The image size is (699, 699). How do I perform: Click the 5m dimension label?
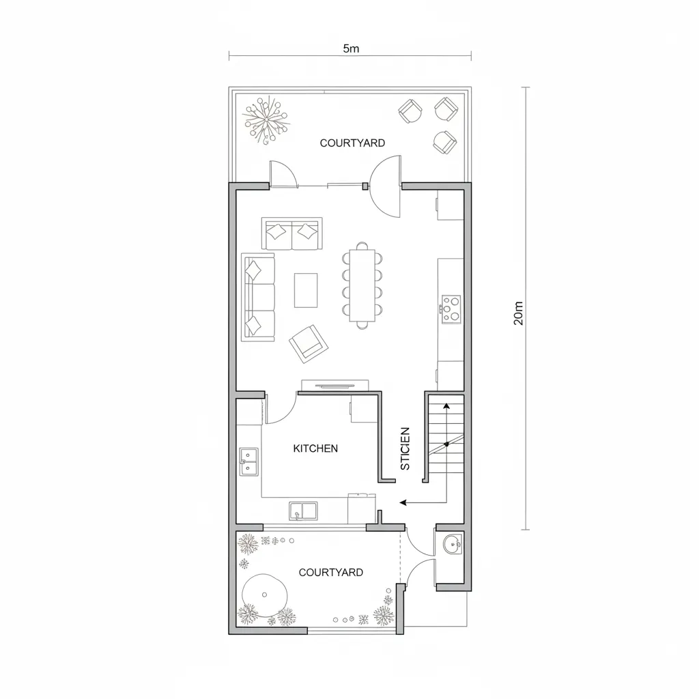351,49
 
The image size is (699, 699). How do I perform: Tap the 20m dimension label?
518,312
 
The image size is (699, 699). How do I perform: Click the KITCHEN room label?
315,448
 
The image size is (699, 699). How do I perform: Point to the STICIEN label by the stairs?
405,448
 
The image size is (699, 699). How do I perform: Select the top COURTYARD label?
352,143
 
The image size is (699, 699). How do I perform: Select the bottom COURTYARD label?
331,573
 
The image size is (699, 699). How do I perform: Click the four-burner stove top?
451,308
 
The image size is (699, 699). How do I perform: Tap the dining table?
362,285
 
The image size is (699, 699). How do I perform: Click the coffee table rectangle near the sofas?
306,289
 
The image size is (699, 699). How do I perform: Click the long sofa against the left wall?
259,298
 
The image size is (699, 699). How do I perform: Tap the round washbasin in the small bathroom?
451,545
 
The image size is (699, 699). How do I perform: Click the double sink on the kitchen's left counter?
248,461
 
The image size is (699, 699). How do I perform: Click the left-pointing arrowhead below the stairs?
403,502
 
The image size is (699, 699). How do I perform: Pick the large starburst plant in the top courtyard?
267,119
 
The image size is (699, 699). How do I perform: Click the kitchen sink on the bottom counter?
303,511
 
